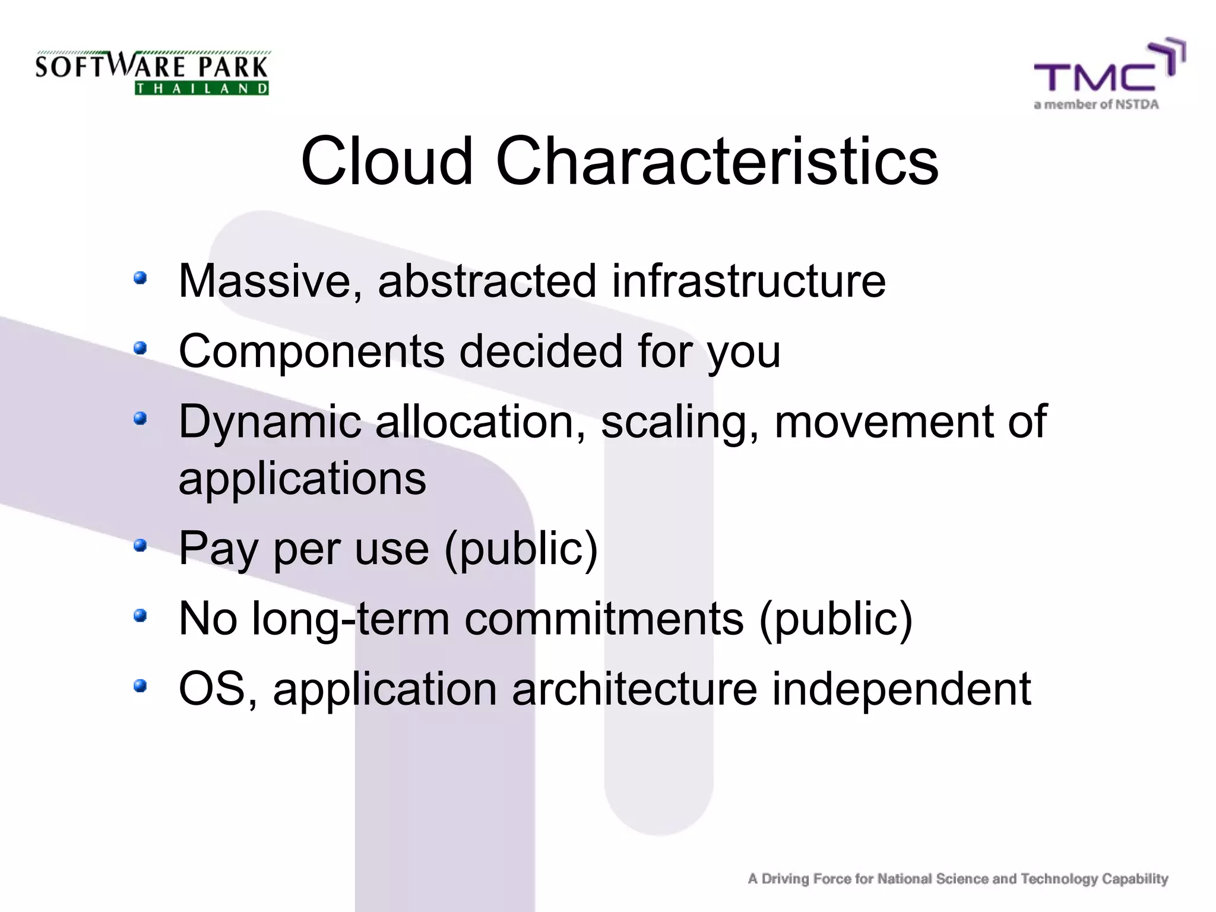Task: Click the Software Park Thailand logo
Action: pyautogui.click(x=152, y=73)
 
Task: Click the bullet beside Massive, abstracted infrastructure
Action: pyautogui.click(x=140, y=278)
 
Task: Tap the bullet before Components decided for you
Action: pyautogui.click(x=140, y=348)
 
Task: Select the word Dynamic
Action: pyautogui.click(x=270, y=422)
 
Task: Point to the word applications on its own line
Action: pyautogui.click(x=302, y=479)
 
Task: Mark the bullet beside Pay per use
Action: pyautogui.click(x=140, y=544)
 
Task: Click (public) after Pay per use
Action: pyautogui.click(x=521, y=549)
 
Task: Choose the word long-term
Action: pyautogui.click(x=350, y=619)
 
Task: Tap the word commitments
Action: pyautogui.click(x=603, y=619)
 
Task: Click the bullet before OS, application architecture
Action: pyautogui.click(x=140, y=686)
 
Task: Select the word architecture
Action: pyautogui.click(x=634, y=689)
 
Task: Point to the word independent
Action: pyautogui.click(x=901, y=689)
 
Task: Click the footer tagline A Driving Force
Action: pyautogui.click(x=958, y=879)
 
